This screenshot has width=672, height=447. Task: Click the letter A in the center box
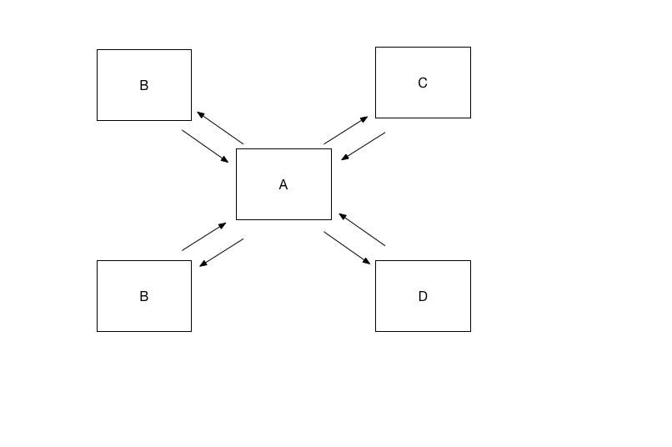283,184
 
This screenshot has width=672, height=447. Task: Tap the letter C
423,83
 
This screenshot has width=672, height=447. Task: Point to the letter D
423,296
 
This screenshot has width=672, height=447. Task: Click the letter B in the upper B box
144,85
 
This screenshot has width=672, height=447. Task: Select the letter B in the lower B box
144,296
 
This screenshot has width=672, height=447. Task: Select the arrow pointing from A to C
346,130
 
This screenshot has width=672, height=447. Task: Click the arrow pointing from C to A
363,146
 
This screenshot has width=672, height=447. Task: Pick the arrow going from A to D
347,249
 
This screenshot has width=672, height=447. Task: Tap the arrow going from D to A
362,229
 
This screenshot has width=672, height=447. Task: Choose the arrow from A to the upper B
220,128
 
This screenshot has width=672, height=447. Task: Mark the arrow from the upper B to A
205,146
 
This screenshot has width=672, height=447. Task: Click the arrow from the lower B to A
204,237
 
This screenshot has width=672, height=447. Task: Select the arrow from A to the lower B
222,253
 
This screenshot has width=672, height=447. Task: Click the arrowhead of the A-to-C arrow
364,118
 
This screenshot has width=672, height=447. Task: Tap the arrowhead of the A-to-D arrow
367,262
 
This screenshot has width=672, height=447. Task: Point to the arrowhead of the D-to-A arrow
343,216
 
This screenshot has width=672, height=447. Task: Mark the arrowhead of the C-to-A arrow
345,158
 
